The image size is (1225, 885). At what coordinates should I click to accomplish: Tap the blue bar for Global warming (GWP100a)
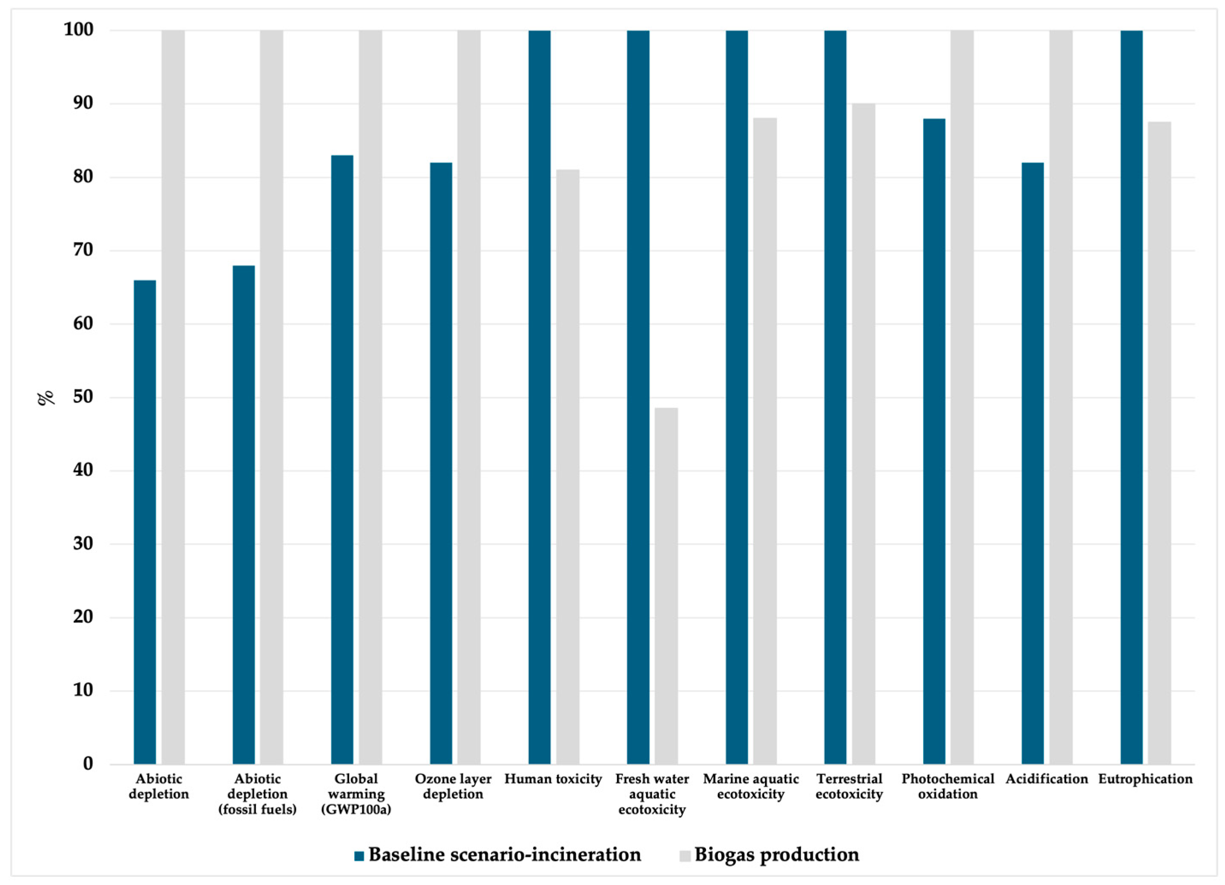(x=342, y=459)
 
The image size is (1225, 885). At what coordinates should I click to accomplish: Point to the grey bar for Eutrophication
(x=1159, y=443)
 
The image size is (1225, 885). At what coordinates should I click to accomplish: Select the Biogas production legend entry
(x=776, y=855)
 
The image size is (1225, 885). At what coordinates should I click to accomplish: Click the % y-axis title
(x=46, y=397)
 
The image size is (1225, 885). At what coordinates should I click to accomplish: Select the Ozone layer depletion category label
(x=453, y=786)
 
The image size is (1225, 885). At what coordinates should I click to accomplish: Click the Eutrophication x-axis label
(x=1145, y=779)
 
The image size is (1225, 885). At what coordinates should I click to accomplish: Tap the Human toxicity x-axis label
(x=553, y=779)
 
